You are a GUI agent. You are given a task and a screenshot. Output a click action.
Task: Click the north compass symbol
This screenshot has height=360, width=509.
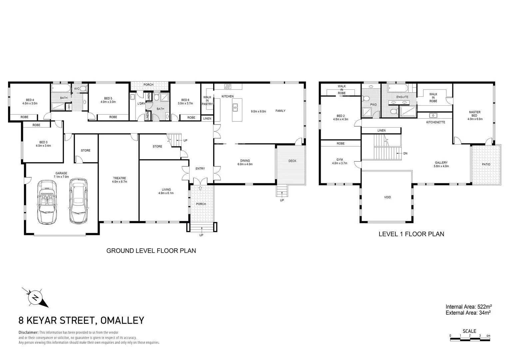[x=35, y=297]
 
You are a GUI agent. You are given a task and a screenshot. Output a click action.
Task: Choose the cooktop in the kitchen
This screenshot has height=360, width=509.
[x=228, y=86]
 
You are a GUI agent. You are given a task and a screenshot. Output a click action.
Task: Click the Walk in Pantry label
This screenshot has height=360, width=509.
[x=207, y=101]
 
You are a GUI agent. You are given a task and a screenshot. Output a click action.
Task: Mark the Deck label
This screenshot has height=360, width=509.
[x=292, y=161]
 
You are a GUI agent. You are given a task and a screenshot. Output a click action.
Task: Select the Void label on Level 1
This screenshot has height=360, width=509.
[x=387, y=197]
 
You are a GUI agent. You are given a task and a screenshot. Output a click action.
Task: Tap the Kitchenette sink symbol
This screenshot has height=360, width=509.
[x=433, y=116]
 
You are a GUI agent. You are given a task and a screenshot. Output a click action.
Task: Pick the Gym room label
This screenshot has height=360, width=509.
[x=339, y=161]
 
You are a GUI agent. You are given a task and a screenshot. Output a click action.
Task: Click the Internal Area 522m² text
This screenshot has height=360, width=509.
[x=469, y=306]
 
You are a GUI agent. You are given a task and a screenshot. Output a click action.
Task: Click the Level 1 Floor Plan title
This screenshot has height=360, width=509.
[x=411, y=234]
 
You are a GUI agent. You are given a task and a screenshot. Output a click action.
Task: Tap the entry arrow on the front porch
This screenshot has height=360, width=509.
[x=200, y=188]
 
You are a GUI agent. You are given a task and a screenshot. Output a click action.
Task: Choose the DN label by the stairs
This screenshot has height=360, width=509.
[x=405, y=154]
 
